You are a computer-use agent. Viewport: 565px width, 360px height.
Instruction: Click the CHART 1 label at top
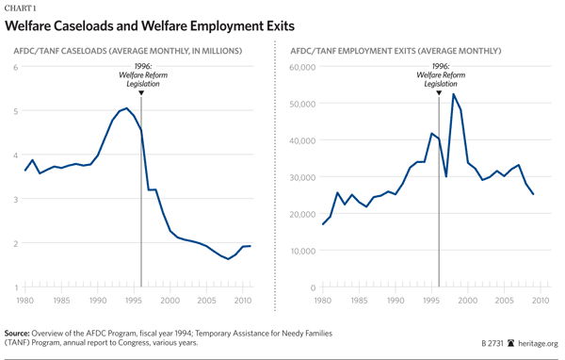pyautogui.click(x=24, y=7)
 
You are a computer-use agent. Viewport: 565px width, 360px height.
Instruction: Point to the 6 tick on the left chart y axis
pyautogui.click(x=16, y=67)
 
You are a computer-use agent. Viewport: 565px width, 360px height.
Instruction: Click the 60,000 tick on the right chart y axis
pyautogui.click(x=300, y=67)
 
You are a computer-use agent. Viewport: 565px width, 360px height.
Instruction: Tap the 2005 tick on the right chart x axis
pyautogui.click(x=504, y=302)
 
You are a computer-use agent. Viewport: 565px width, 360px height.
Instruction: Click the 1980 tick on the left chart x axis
pyautogui.click(x=24, y=302)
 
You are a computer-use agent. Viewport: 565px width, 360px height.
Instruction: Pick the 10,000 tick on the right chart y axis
pyautogui.click(x=300, y=251)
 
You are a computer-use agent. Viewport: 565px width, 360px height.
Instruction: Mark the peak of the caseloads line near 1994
pyautogui.click(x=126, y=107)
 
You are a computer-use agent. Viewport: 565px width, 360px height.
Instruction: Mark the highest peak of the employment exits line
pyautogui.click(x=454, y=93)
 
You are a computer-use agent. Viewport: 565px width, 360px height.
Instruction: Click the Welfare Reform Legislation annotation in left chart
pyautogui.click(x=141, y=76)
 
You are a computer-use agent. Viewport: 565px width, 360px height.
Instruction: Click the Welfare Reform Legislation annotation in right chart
pyautogui.click(x=439, y=76)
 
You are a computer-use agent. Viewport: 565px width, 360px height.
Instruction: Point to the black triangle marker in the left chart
pyautogui.click(x=141, y=92)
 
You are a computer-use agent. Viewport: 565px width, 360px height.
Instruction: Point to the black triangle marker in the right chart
pyautogui.click(x=439, y=92)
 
